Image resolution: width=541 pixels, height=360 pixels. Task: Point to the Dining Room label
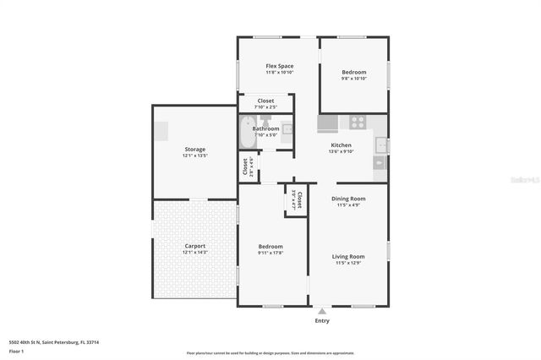point(347,200)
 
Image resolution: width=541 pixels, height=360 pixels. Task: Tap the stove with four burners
point(358,122)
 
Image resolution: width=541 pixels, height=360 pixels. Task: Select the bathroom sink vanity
point(287,129)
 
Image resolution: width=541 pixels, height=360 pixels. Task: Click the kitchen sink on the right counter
point(381,146)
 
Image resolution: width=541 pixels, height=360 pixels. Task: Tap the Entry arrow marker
point(321,311)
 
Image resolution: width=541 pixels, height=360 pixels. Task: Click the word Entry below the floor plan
point(322,321)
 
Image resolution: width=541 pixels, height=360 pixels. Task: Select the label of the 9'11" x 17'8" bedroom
point(270,248)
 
